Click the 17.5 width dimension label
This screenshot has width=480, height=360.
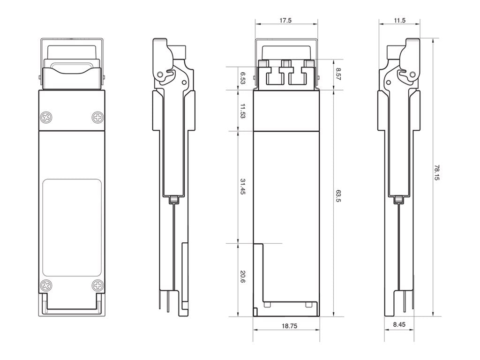285,21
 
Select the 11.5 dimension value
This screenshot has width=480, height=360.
399,21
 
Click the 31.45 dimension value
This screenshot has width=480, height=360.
242,187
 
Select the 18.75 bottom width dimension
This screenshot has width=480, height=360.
286,325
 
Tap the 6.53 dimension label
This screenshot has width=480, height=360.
242,78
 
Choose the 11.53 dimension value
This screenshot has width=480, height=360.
242,111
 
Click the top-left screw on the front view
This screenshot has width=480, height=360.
46,117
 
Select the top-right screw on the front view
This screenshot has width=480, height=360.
97,117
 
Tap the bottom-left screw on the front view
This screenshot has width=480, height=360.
46,285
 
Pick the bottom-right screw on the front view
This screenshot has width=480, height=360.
97,285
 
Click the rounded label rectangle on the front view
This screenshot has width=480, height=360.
72,227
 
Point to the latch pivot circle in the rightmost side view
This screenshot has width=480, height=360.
412,74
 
